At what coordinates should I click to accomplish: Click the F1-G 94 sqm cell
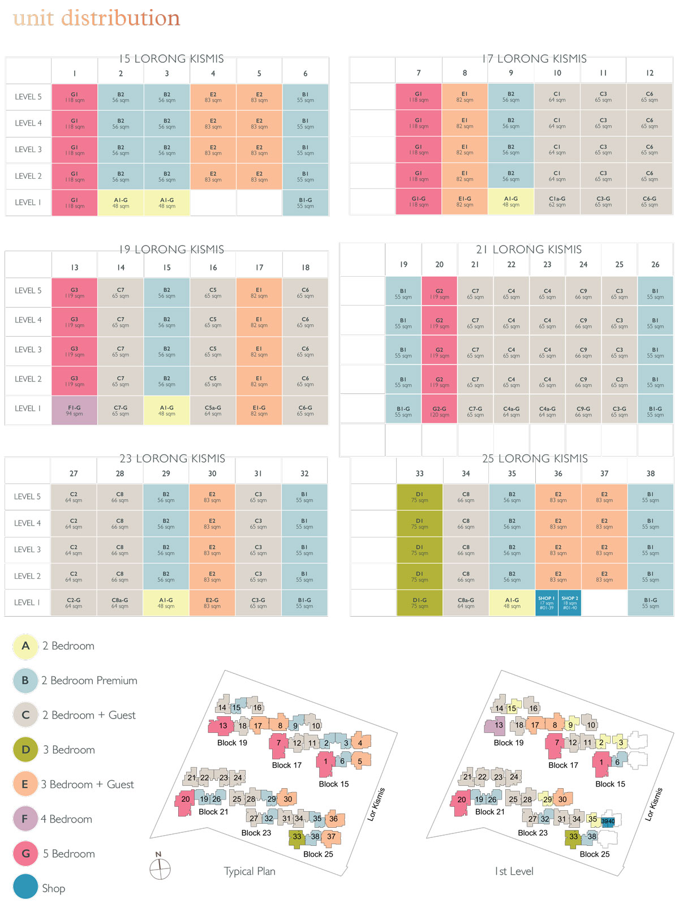74,410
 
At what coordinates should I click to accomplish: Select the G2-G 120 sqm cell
439,411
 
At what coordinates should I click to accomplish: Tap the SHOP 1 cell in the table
546,603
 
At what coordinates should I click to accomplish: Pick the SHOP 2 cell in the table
569,603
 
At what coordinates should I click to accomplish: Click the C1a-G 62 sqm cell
557,201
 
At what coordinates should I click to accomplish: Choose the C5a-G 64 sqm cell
213,410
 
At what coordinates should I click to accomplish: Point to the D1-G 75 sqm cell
419,603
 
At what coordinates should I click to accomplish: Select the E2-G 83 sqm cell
212,603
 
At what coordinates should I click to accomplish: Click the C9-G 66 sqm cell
583,411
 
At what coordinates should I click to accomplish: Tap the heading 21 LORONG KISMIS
528,250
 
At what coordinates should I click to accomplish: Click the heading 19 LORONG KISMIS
171,250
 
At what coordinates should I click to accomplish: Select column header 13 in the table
75,268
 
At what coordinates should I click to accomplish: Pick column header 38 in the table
651,474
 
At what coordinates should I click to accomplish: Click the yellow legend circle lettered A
25,646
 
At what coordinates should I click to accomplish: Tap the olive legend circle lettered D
25,750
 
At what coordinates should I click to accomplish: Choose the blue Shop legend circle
25,887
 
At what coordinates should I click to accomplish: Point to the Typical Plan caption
250,871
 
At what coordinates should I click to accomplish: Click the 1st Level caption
514,871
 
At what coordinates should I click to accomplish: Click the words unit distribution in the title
96,18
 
